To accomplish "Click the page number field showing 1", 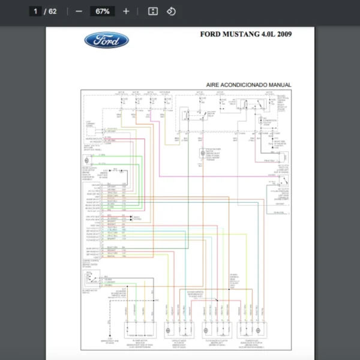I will pos(35,11).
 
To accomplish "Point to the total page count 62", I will pos(53,11).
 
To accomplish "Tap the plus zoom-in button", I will pos(126,11).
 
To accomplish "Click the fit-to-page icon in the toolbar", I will pos(153,11).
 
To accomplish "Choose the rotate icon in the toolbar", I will pos(171,11).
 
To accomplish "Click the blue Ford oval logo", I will pos(106,40).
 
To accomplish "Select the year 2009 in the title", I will pos(284,34).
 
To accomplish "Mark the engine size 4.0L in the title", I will pos(266,34).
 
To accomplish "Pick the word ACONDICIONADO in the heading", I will pos(247,85).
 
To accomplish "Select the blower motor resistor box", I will pos(140,330).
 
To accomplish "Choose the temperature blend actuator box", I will pos(253,330).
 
